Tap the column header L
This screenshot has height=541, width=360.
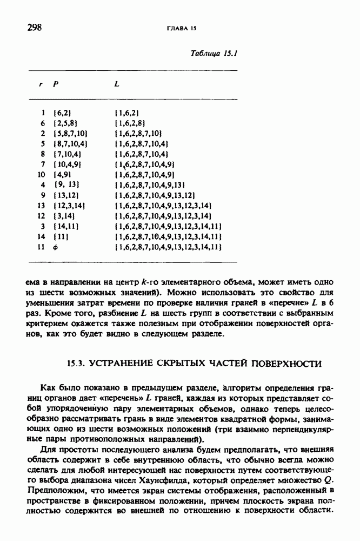click(117, 84)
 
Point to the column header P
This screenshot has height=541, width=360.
click(55, 84)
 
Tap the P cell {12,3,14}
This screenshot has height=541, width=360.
click(70, 206)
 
